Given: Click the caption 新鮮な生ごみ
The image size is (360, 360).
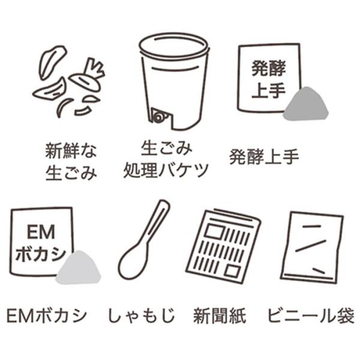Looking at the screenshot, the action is coord(71,161).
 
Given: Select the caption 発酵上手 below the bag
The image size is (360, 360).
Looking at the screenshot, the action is coord(264,158).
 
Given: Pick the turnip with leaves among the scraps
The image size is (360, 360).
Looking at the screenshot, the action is coord(87,76).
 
